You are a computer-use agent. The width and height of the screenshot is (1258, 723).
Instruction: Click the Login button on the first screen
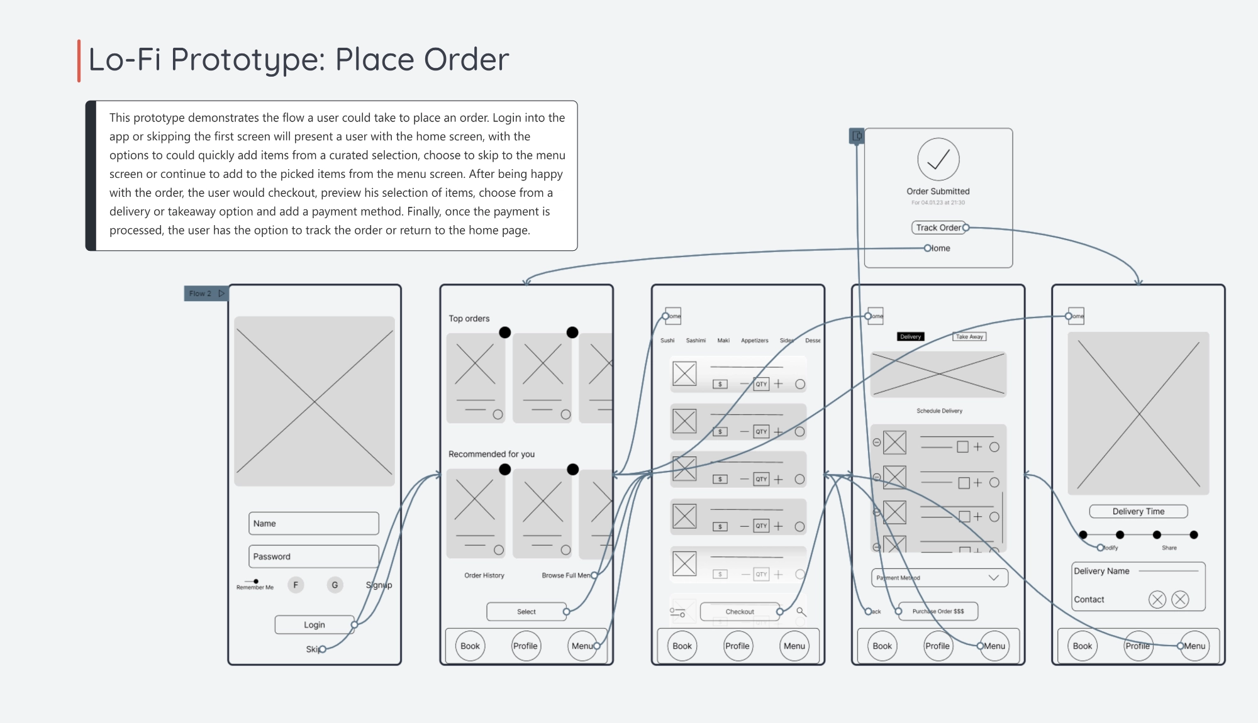(314, 624)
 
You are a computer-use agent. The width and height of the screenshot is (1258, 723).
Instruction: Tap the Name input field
(314, 523)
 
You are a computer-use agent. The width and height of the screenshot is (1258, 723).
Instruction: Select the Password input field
(314, 556)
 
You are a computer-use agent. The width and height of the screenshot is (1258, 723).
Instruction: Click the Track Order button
(938, 228)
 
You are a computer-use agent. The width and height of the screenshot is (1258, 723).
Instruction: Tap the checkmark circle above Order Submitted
(938, 160)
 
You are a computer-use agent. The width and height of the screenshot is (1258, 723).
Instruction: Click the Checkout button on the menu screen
(740, 611)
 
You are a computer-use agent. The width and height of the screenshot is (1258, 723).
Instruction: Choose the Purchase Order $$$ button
(938, 611)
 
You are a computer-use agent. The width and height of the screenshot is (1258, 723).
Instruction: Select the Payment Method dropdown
(939, 578)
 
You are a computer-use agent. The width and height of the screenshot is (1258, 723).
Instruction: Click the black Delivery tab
(910, 336)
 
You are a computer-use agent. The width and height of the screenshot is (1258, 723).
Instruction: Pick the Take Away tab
(969, 336)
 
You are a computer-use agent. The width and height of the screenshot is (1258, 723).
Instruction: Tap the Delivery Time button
(1138, 511)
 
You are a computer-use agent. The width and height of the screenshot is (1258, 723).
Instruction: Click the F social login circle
(296, 585)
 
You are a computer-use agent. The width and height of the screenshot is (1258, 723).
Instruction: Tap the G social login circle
(335, 585)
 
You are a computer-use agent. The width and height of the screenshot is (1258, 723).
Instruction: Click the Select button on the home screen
(526, 611)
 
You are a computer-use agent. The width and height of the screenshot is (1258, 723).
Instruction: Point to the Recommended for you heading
(491, 454)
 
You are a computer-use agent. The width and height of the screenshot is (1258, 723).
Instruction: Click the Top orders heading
(469, 319)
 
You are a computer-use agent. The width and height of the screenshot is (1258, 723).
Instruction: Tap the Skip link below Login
(313, 649)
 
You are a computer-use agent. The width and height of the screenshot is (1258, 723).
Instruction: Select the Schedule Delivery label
(939, 411)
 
